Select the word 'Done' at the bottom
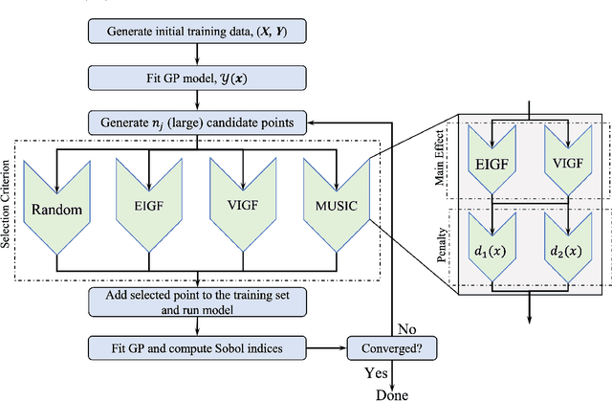(390, 393)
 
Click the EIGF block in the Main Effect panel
(493, 164)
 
